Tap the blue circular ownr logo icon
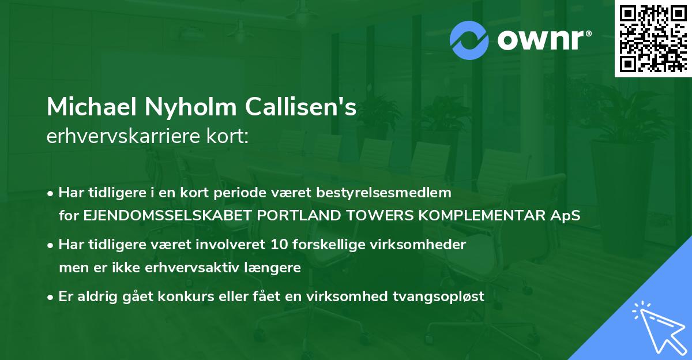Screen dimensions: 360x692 pos(469,40)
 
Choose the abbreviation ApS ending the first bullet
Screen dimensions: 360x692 pos(568,216)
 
